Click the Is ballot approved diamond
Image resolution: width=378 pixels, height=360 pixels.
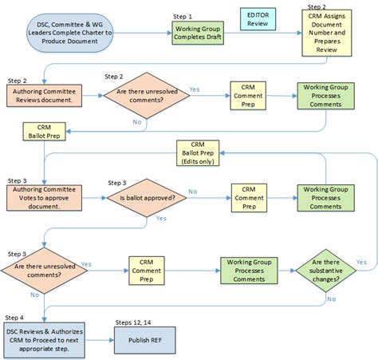(x=148, y=199)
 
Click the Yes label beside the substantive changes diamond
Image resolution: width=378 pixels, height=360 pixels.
(x=361, y=262)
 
